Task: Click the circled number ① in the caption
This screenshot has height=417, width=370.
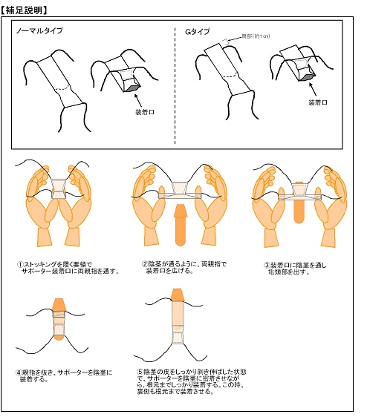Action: pyautogui.click(x=22, y=263)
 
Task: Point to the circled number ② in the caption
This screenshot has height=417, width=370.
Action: pyautogui.click(x=144, y=263)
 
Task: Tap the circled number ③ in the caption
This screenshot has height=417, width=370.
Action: pyautogui.click(x=267, y=264)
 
